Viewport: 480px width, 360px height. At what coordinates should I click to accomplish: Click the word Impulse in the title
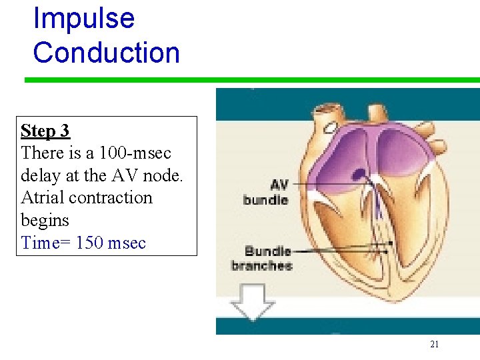point(83,18)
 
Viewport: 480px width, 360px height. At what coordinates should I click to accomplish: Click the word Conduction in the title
point(106,53)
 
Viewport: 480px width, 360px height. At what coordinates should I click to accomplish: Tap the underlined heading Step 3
point(45,131)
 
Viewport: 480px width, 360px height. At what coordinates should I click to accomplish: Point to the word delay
point(41,175)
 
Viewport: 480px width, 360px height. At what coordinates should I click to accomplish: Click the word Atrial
point(41,198)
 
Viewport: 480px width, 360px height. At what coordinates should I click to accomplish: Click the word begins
point(45,221)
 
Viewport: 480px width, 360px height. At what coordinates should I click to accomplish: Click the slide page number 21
point(434,344)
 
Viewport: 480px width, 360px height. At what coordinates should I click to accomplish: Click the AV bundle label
point(265,193)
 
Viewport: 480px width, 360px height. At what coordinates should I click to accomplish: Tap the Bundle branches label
point(261,259)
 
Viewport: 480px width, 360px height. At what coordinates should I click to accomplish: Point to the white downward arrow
point(251,301)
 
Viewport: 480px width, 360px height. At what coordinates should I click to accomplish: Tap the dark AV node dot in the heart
point(360,175)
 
